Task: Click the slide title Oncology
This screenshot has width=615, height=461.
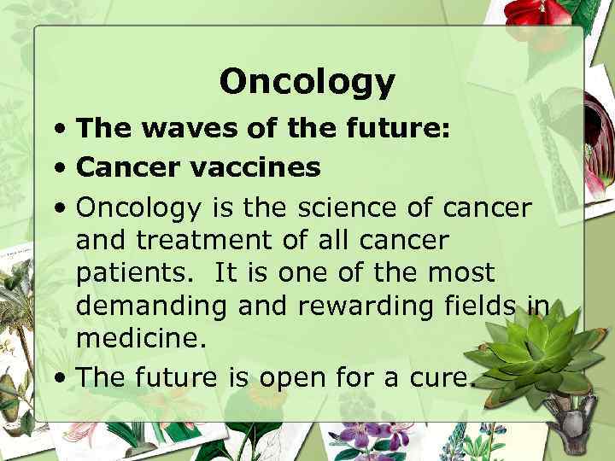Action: click(x=307, y=82)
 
